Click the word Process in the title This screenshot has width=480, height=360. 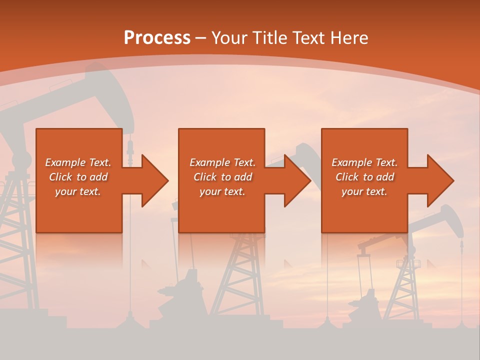pos(157,38)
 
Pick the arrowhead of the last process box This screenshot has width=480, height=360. pos(439,180)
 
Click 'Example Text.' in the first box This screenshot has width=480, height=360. pos(78,162)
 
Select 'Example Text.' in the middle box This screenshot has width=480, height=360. pos(222,162)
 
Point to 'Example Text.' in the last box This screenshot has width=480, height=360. pos(364,162)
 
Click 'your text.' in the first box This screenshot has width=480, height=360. pos(78,191)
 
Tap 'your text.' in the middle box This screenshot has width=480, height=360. pos(222,191)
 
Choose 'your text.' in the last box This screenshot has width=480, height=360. pos(364,191)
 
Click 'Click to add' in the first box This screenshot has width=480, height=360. pos(78,177)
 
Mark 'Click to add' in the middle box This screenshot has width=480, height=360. pos(222,177)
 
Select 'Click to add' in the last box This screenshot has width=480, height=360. pos(364,177)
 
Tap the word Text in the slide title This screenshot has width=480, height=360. pos(309,38)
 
